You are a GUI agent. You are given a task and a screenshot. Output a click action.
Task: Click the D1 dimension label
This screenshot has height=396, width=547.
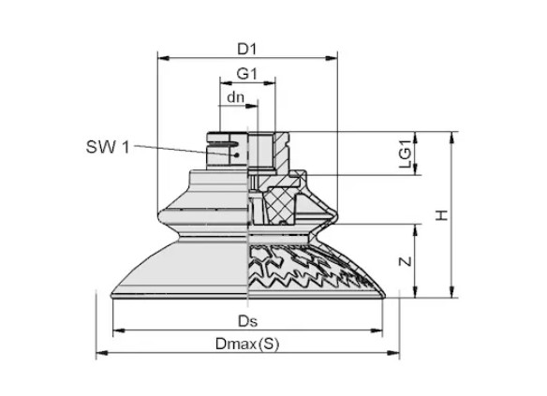tap(247, 50)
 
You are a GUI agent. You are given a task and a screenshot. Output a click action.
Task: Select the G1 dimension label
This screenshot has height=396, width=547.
tap(247, 74)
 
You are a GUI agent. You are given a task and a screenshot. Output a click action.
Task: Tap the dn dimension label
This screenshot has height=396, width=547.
tap(235, 97)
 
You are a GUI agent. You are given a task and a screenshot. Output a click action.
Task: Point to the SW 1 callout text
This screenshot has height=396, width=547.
tap(108, 147)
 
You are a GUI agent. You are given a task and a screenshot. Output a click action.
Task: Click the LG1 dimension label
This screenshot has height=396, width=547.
tap(406, 154)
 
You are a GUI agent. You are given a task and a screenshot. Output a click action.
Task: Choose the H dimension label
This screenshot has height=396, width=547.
tap(442, 215)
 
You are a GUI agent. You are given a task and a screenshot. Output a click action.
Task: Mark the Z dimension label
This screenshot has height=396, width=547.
tap(406, 261)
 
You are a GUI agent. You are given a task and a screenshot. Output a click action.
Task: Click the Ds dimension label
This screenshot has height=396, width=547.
tap(248, 321)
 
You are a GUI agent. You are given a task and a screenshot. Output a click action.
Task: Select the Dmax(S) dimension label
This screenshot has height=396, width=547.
tap(247, 345)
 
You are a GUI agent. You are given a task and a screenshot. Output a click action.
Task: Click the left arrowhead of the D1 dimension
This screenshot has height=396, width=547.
tap(163, 58)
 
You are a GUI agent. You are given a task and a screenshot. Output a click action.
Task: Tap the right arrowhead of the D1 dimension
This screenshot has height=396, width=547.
tap(332, 58)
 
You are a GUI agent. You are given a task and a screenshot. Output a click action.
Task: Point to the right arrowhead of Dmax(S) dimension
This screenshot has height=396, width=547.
tap(393, 353)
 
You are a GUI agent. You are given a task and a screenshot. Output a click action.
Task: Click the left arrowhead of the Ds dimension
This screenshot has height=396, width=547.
tap(119, 330)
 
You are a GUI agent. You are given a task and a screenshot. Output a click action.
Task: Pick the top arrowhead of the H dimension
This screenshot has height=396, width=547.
tap(452, 138)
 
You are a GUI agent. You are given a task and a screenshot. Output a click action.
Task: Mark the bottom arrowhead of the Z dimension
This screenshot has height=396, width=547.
tap(415, 292)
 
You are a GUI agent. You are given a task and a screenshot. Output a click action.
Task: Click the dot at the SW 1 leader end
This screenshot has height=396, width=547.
tap(237, 154)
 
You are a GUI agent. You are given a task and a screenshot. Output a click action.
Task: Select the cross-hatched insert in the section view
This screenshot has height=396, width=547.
tap(280, 206)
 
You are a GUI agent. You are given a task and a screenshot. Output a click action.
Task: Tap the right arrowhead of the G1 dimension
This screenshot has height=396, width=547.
tap(270, 83)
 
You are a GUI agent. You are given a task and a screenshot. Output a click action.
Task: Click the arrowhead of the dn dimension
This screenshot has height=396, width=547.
tap(252, 106)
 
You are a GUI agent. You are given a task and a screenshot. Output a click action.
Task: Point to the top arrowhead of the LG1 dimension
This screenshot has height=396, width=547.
tap(415, 138)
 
